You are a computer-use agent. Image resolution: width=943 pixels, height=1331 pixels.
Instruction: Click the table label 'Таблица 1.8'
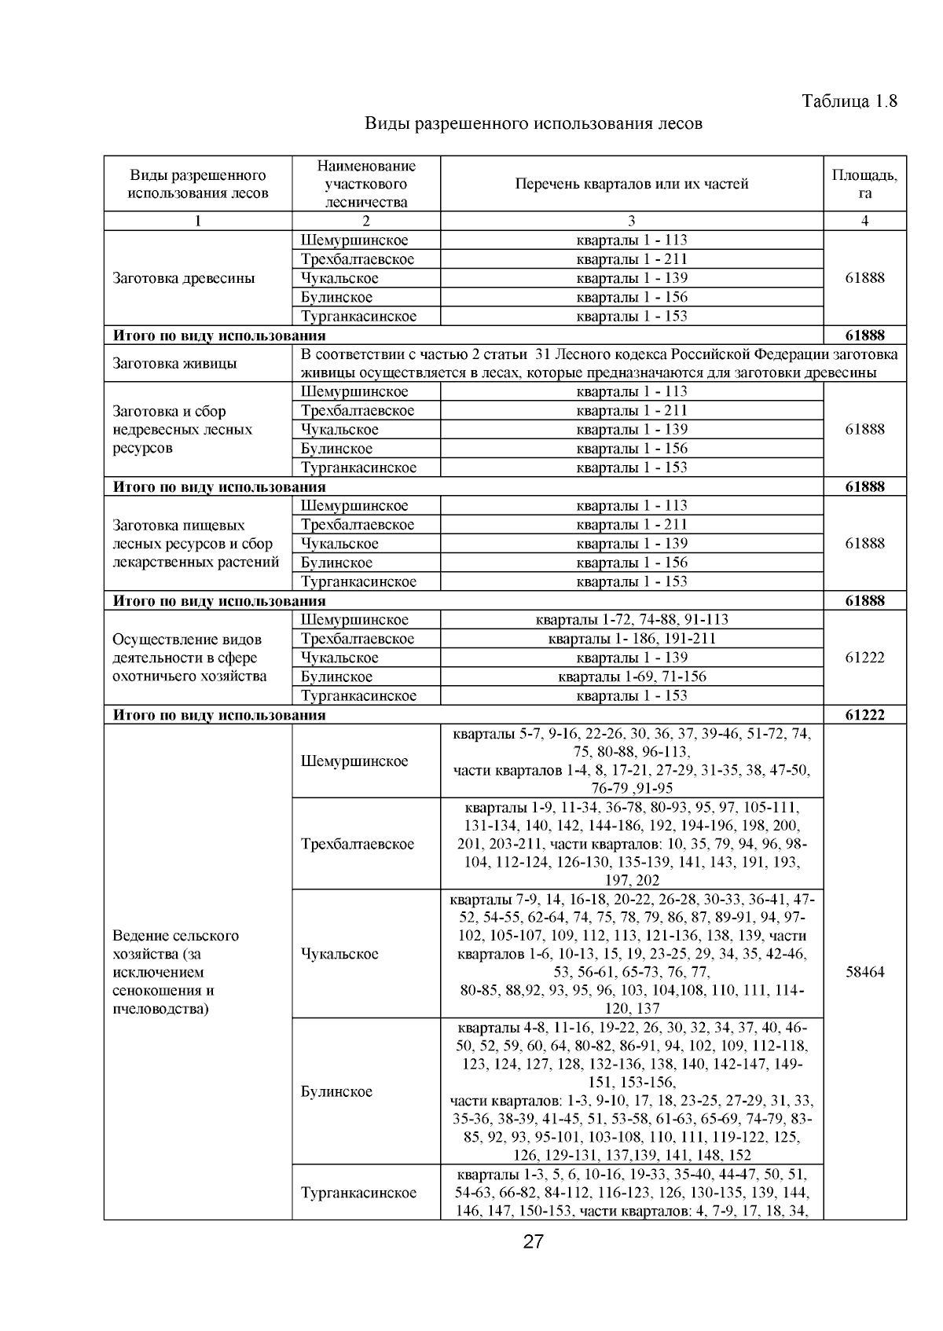point(849,101)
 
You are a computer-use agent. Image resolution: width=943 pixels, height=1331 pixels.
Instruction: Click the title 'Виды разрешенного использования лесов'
point(533,124)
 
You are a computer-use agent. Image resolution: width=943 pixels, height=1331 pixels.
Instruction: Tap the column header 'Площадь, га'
point(864,184)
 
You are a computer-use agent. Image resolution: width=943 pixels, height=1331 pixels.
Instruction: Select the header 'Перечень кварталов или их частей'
point(631,184)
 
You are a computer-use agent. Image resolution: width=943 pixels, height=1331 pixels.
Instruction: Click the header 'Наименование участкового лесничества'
point(366,184)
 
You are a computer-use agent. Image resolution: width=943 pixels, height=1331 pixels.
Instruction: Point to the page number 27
point(534,1241)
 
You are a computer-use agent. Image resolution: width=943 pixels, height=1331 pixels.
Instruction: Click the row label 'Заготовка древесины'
point(184,278)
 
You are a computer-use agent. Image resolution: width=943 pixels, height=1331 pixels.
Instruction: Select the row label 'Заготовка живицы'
point(175,364)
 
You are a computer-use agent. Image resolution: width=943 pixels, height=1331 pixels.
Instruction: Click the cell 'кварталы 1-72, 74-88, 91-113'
point(631,620)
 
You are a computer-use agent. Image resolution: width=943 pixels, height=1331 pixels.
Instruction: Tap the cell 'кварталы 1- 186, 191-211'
point(631,639)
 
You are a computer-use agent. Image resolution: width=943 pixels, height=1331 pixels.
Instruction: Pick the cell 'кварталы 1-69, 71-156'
point(631,676)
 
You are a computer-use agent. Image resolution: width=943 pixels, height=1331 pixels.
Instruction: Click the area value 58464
point(864,972)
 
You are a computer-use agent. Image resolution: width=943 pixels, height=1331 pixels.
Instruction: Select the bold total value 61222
point(864,715)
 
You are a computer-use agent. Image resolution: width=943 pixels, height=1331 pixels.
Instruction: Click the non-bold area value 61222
point(864,658)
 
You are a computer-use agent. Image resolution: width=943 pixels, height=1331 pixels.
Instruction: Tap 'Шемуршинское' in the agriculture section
point(354,761)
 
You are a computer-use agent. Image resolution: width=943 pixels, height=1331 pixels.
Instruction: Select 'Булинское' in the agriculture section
point(336,1091)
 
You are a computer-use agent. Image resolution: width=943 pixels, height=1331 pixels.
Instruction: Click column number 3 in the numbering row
point(631,222)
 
